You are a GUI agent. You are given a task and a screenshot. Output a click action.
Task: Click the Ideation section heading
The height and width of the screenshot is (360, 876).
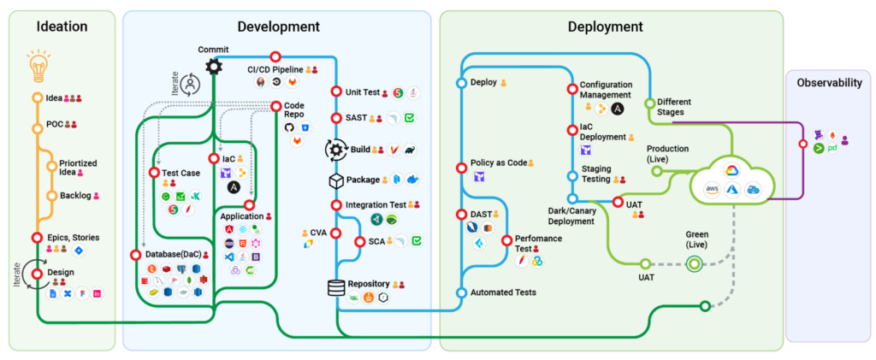pos(62,27)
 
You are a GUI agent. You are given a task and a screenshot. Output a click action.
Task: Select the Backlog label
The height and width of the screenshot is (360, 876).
pos(75,196)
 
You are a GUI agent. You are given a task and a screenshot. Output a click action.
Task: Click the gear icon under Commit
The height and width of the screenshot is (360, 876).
pos(213,67)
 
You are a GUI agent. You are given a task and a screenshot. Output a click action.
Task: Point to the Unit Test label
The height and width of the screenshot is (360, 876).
pos(362,91)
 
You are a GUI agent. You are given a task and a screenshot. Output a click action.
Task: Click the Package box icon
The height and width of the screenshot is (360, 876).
pos(336,180)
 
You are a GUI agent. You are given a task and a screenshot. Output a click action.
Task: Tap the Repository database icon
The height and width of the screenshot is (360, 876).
pos(336,287)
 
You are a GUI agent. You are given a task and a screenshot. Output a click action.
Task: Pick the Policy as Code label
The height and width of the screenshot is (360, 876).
pos(498,162)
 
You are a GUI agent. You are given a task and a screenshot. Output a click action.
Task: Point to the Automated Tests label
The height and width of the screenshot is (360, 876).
pos(504,292)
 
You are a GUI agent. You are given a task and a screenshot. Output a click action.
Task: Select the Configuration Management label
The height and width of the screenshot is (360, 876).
pos(606,90)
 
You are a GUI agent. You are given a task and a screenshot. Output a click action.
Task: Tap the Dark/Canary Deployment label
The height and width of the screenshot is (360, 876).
pos(571,215)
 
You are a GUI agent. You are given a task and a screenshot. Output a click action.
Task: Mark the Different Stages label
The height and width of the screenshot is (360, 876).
pos(674,107)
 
